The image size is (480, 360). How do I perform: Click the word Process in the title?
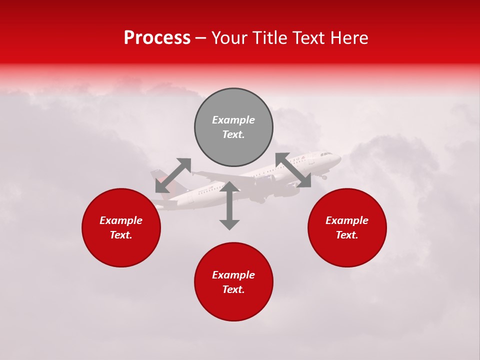coord(157,38)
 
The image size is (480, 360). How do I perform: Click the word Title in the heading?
coord(270,38)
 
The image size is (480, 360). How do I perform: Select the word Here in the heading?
coord(349,38)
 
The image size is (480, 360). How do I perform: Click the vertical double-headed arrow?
coord(229,205)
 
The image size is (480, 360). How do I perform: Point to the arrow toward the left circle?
coord(173,175)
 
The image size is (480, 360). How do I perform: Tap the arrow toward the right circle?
coord(293,170)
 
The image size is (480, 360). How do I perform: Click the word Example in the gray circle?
coord(233,120)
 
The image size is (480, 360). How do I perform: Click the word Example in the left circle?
coord(121,220)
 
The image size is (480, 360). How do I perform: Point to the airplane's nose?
coord(339,159)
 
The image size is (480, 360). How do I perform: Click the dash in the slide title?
coord(201,38)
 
